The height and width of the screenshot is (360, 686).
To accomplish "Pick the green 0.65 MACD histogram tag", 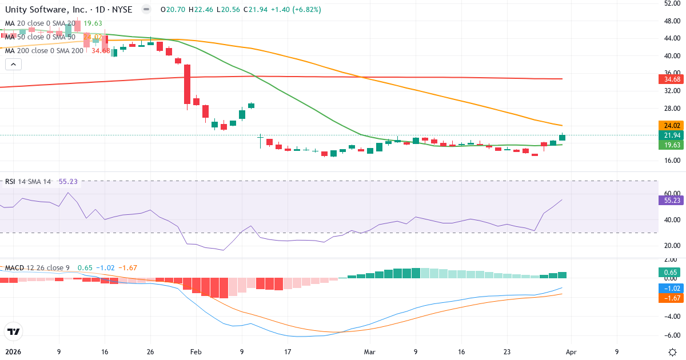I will coord(671,273).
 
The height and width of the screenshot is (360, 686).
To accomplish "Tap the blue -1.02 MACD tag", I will coord(671,289).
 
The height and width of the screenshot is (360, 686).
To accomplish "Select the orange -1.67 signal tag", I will coord(671,298).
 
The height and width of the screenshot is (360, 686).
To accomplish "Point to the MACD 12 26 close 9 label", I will coord(37,267).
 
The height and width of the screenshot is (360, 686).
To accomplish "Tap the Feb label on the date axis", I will coord(196,351).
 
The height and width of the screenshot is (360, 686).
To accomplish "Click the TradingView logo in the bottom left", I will coord(13,331).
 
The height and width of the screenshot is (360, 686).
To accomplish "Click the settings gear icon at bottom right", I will coord(673,351).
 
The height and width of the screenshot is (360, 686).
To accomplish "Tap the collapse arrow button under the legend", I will coord(14,64).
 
